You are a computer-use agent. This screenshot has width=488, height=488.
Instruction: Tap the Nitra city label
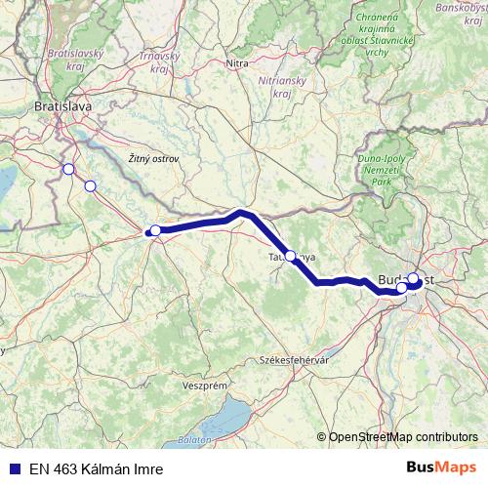(x=237, y=63)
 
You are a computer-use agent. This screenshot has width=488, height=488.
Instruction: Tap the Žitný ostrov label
(x=154, y=158)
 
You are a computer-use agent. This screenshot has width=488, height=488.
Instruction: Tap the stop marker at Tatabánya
(x=290, y=256)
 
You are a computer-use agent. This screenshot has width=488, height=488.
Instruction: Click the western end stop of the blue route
(x=155, y=230)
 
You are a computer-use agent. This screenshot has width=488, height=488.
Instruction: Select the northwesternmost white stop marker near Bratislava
(x=67, y=169)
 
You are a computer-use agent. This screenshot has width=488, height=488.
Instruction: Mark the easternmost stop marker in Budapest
(x=414, y=279)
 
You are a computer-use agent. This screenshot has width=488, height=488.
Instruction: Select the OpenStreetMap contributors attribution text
(x=403, y=437)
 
